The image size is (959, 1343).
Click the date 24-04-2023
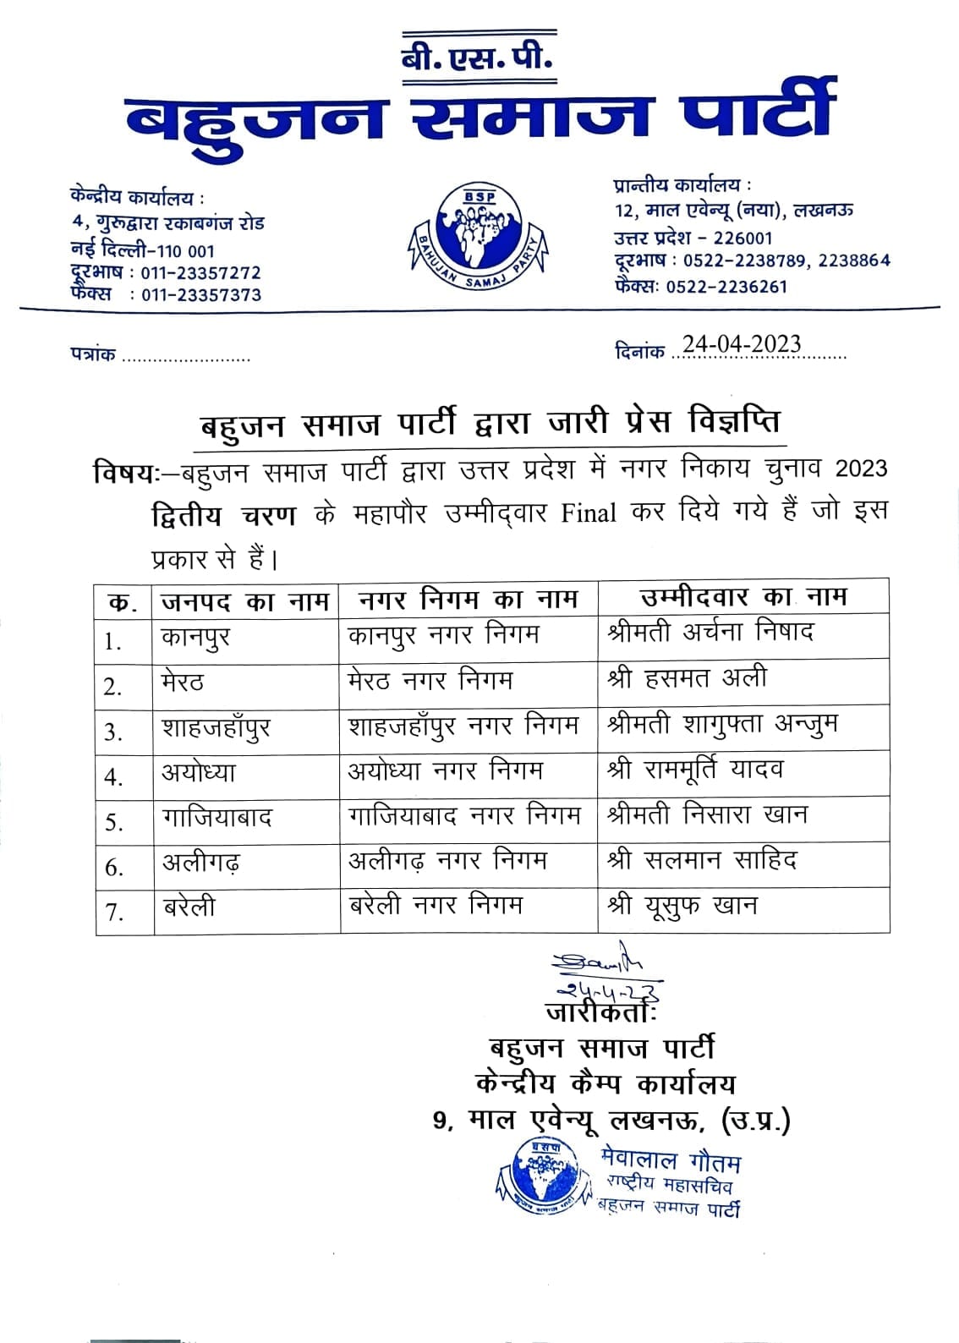pyautogui.click(x=742, y=344)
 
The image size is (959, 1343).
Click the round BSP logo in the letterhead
pyautogui.click(x=479, y=233)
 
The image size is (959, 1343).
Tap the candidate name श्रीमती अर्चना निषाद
pyautogui.click(x=710, y=633)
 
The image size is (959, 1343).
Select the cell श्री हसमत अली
pyautogui.click(x=687, y=678)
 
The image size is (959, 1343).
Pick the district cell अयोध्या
pyautogui.click(x=199, y=773)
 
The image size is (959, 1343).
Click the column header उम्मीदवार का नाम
pyautogui.click(x=743, y=597)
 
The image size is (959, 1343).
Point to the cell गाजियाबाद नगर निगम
pyautogui.click(x=464, y=816)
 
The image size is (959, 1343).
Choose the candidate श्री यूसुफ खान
pyautogui.click(x=682, y=906)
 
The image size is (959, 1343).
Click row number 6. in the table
pyautogui.click(x=114, y=868)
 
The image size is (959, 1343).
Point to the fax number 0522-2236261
pyautogui.click(x=726, y=287)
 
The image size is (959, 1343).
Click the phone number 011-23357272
pyautogui.click(x=201, y=273)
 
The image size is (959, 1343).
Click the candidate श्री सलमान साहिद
pyautogui.click(x=702, y=861)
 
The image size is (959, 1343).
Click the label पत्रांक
pyautogui.click(x=93, y=355)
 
